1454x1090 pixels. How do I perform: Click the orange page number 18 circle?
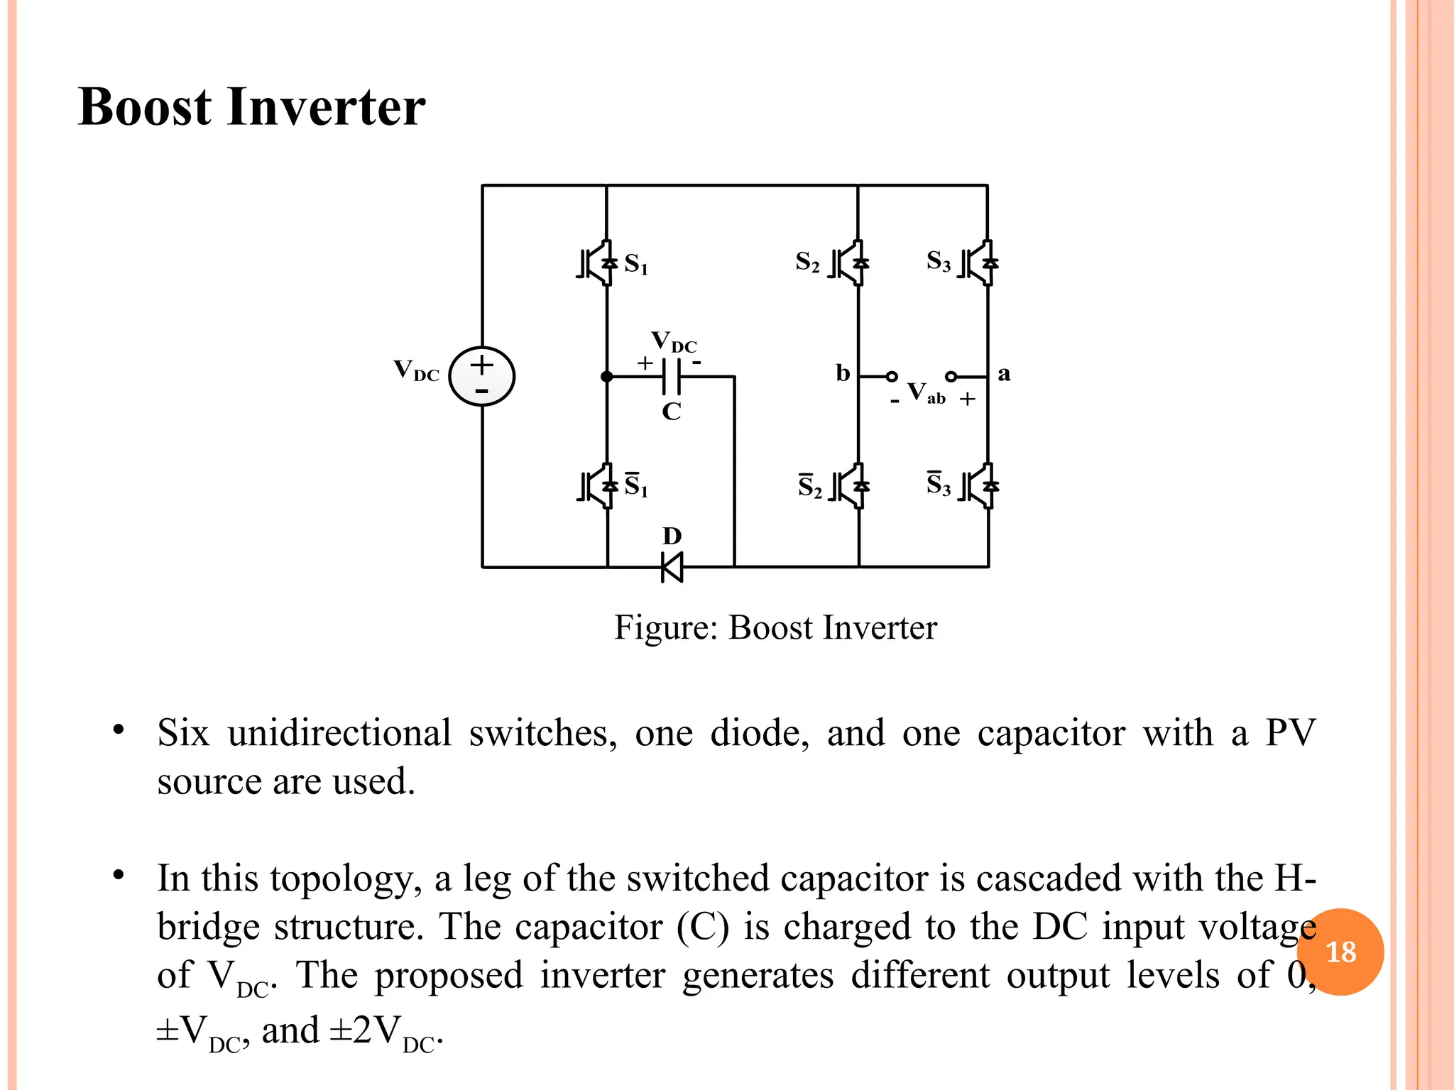click(1340, 952)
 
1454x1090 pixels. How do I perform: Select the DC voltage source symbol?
click(482, 376)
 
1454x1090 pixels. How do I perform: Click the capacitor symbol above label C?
click(671, 376)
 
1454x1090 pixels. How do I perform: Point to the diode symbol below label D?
click(672, 567)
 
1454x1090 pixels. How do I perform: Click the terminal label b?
click(843, 373)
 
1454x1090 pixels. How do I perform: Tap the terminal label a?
click(1004, 373)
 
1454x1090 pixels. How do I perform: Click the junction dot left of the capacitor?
click(607, 377)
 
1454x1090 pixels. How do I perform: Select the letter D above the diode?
click(672, 536)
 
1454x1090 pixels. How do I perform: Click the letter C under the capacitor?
click(671, 412)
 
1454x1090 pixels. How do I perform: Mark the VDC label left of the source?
click(417, 370)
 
